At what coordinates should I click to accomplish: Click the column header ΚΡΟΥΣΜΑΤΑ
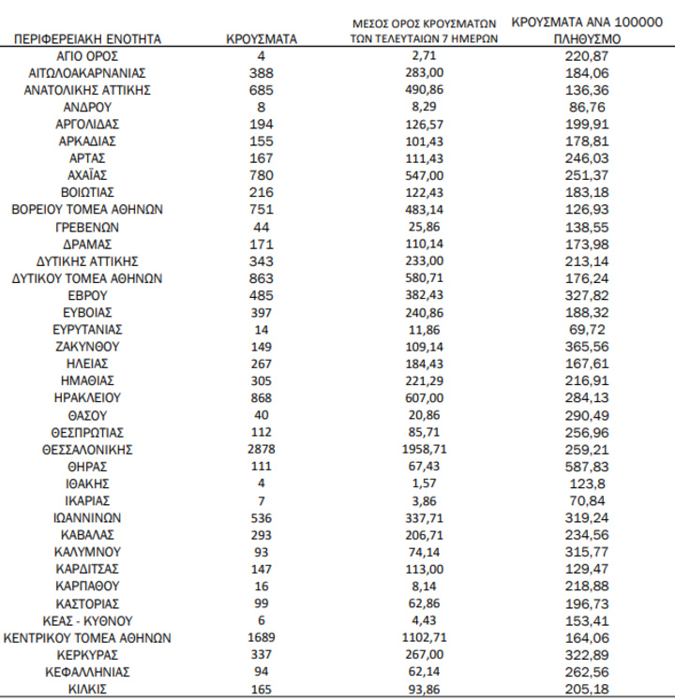click(x=262, y=39)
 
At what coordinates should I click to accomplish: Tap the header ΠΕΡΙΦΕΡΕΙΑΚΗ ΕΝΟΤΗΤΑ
click(x=87, y=39)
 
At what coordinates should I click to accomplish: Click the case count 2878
click(x=262, y=449)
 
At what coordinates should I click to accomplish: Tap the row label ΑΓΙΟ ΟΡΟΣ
click(x=87, y=56)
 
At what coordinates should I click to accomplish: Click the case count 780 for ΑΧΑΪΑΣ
click(x=262, y=175)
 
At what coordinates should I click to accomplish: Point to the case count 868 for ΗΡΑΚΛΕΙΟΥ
click(x=262, y=397)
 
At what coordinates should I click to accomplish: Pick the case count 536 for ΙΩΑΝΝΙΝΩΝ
click(x=262, y=517)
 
